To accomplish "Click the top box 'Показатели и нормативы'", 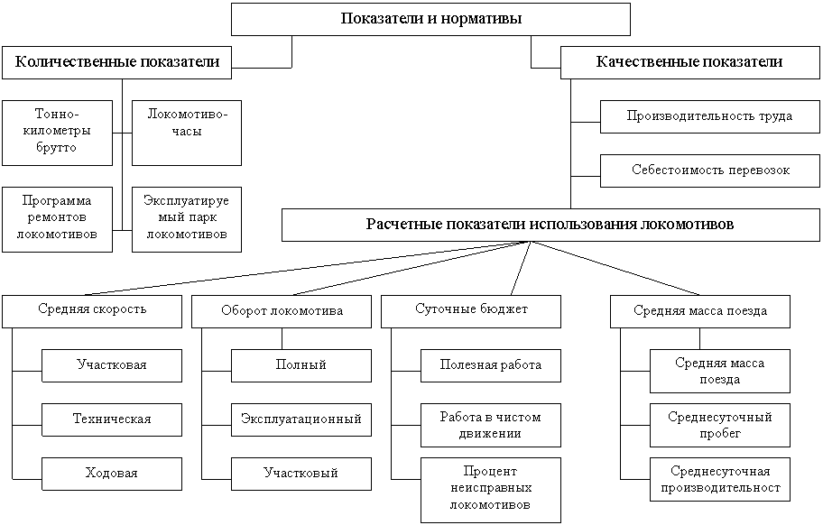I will [430, 19].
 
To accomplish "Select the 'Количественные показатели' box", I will [117, 62].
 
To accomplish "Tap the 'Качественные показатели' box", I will [689, 62].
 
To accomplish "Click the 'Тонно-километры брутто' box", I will [57, 132].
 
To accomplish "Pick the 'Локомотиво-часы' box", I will [187, 132].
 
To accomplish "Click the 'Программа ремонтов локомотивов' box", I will [57, 218].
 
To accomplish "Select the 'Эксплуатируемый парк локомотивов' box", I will [187, 218].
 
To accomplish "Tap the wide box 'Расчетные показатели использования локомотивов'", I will [550, 225].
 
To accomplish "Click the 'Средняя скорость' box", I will [92, 310].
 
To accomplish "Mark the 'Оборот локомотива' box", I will [282, 311].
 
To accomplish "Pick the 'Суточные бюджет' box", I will [470, 310].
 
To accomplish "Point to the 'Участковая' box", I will [111, 365].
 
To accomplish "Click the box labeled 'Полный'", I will [301, 365].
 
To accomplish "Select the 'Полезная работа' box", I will [491, 365].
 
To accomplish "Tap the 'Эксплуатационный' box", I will [301, 419].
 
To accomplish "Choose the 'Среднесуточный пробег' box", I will [719, 425].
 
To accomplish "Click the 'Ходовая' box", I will [111, 474].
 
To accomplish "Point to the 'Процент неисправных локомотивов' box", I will [491, 488].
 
